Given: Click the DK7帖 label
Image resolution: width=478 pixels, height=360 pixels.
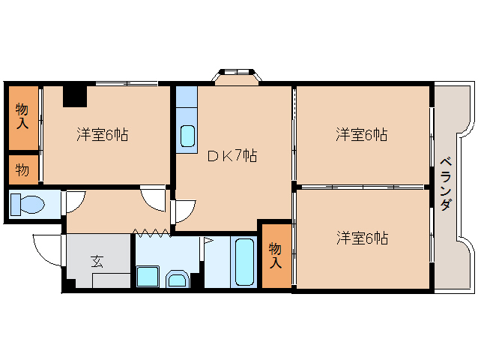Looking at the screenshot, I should click(x=232, y=156).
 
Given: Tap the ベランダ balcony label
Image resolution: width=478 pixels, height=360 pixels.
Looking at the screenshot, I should click(x=445, y=183).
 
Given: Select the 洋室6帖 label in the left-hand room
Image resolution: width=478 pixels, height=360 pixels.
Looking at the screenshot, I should click(x=103, y=135).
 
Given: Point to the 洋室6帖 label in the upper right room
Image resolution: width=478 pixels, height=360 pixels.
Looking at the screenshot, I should click(x=361, y=135).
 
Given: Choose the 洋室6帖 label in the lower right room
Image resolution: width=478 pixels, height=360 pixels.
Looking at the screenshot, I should click(x=361, y=238).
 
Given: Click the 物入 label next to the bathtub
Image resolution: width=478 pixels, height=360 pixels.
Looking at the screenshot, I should click(x=275, y=255).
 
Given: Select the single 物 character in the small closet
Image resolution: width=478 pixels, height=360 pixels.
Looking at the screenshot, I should click(x=22, y=169).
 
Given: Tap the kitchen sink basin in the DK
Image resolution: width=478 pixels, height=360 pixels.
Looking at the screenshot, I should click(x=187, y=135).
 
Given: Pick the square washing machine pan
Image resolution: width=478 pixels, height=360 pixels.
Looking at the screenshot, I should click(x=148, y=277).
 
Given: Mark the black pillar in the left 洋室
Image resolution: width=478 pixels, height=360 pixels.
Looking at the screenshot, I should click(x=74, y=97).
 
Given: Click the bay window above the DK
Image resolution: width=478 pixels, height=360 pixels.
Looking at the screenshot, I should click(x=237, y=75).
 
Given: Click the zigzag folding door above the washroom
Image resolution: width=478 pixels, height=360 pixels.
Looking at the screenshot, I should click(x=152, y=232).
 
